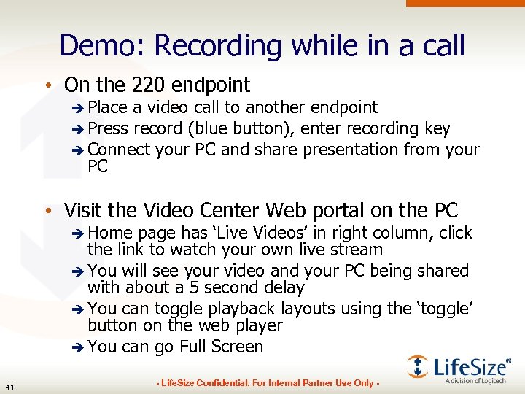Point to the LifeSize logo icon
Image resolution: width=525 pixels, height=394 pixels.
[x=418, y=366]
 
